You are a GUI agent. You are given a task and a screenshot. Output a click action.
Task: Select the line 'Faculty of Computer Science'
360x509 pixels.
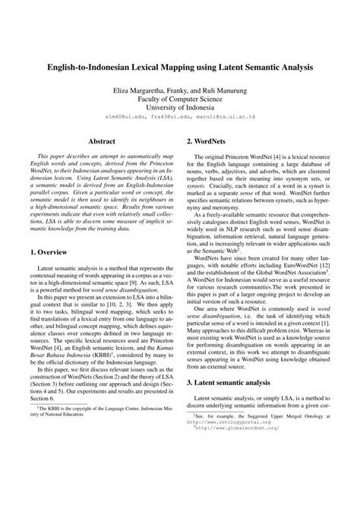tap(180, 98)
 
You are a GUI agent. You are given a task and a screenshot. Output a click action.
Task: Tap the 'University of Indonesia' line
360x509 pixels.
tap(180, 108)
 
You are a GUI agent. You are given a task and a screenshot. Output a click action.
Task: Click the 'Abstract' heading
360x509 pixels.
tap(102, 141)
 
